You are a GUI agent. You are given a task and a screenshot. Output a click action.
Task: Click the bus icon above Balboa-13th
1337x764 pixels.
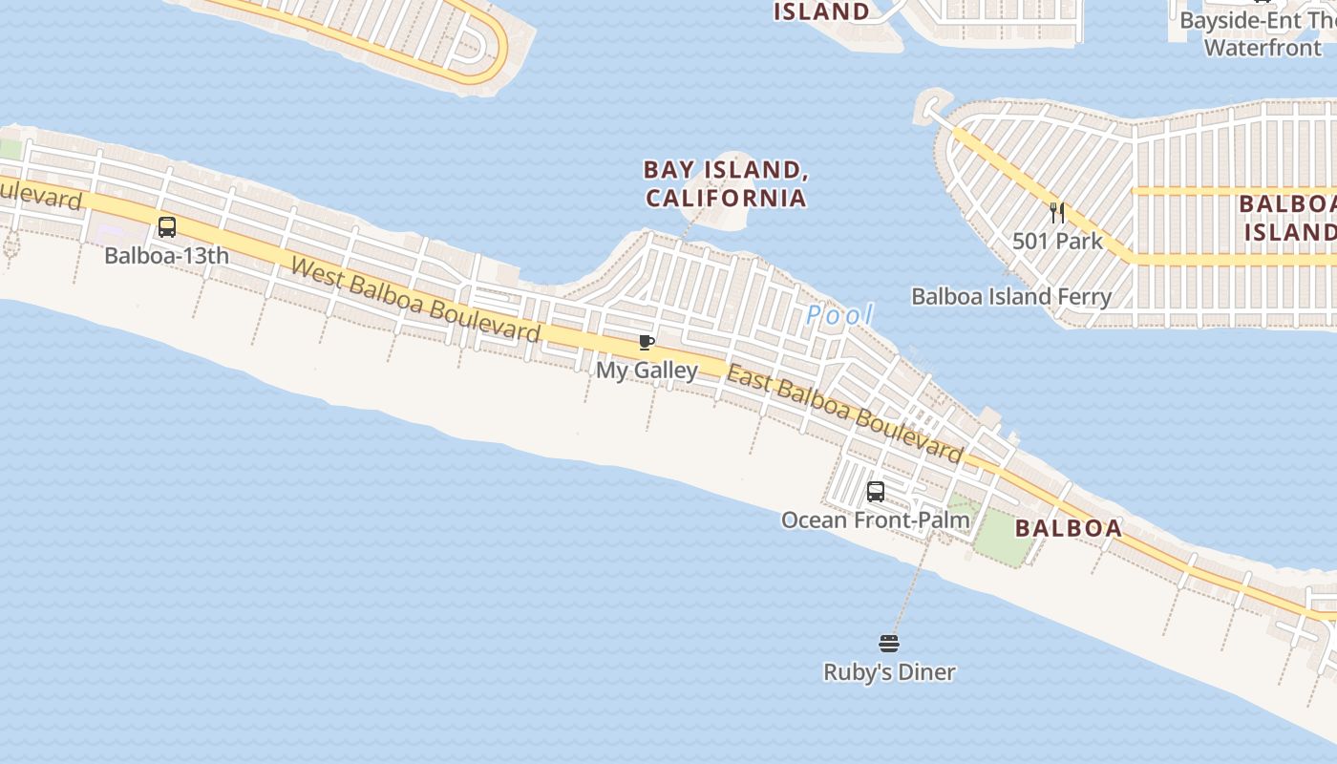(x=167, y=227)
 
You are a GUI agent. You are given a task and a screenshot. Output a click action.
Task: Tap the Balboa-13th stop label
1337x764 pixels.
(x=167, y=256)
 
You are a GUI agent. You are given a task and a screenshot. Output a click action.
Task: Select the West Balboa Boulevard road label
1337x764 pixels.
(x=415, y=300)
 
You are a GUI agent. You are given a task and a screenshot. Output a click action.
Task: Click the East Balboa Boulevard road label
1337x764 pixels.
(x=844, y=412)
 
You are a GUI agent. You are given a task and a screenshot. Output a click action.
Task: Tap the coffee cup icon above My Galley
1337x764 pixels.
(x=647, y=343)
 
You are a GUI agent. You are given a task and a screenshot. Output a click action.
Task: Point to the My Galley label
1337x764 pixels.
(x=647, y=370)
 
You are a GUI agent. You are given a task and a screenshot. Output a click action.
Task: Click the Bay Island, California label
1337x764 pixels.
(x=725, y=183)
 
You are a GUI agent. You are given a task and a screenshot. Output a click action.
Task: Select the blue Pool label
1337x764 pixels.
(x=839, y=314)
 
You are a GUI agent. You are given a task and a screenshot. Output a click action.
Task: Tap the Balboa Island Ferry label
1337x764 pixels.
(x=1011, y=296)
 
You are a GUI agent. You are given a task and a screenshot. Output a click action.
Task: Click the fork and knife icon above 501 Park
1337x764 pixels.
(x=1057, y=212)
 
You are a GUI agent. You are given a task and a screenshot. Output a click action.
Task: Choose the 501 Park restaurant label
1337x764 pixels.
(x=1057, y=241)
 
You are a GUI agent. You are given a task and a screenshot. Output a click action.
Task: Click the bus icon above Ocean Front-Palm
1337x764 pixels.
(x=876, y=492)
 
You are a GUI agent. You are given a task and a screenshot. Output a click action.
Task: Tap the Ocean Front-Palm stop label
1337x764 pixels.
(x=875, y=520)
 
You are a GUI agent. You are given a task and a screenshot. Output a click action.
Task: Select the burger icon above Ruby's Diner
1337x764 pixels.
(x=889, y=644)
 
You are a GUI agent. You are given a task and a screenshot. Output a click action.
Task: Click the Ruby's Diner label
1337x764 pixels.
(x=889, y=672)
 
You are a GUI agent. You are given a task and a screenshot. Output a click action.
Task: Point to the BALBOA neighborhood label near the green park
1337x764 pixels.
(x=1068, y=528)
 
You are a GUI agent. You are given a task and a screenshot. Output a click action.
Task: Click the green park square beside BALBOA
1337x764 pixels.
(x=1003, y=535)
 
